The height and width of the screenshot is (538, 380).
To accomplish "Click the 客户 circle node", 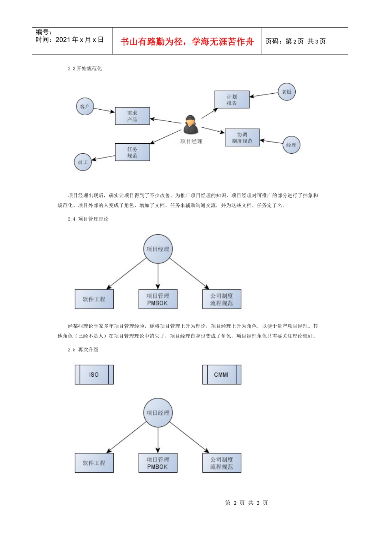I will click(85, 106).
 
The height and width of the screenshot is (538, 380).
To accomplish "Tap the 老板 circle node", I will click(287, 92).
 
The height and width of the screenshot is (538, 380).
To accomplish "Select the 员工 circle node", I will click(83, 162).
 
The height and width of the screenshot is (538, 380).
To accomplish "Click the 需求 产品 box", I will click(132, 116).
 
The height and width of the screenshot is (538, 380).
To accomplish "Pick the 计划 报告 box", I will click(232, 100).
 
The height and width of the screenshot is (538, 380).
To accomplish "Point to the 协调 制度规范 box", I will click(242, 138).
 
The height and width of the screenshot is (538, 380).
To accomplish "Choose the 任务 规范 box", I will click(132, 153).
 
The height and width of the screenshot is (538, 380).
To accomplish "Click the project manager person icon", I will click(191, 125).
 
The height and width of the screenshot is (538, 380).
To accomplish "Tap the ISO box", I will click(94, 375).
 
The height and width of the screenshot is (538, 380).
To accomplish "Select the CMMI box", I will click(222, 375).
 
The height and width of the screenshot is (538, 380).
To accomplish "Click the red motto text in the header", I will click(187, 42).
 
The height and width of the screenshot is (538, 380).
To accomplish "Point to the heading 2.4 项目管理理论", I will click(88, 219).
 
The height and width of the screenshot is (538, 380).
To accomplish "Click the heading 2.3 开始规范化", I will click(85, 68).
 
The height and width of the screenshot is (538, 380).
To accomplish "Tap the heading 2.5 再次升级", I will click(83, 349).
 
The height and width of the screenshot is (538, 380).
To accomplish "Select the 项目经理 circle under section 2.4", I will click(158, 249).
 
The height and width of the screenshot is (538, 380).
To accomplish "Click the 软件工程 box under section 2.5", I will click(94, 463).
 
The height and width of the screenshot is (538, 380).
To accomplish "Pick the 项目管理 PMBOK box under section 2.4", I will click(158, 299).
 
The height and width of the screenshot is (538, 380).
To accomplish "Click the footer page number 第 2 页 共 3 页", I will click(246, 503).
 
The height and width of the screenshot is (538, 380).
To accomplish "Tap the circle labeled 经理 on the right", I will click(291, 145).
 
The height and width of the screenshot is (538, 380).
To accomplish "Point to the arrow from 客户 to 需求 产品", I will click(104, 110).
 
